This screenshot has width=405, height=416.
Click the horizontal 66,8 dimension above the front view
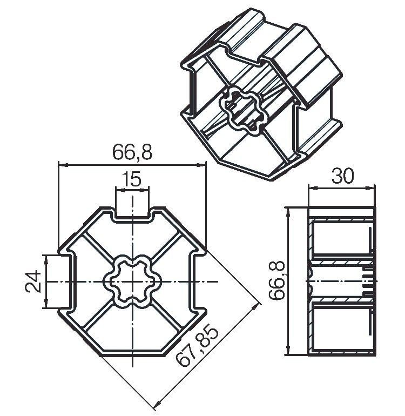click(x=132, y=152)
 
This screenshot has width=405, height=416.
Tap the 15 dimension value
click(x=132, y=179)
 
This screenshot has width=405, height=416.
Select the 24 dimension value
click(x=33, y=281)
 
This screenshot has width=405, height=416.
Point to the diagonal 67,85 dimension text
click(x=198, y=346)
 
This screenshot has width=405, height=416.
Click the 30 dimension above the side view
click(x=342, y=176)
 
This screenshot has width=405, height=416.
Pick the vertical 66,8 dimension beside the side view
click(x=276, y=280)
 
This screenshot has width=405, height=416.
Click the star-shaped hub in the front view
click(x=132, y=281)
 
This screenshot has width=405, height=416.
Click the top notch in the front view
click(x=132, y=213)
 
